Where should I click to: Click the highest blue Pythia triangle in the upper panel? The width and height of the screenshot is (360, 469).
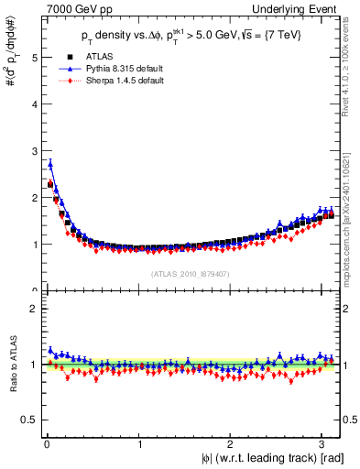[x=49, y=164]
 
